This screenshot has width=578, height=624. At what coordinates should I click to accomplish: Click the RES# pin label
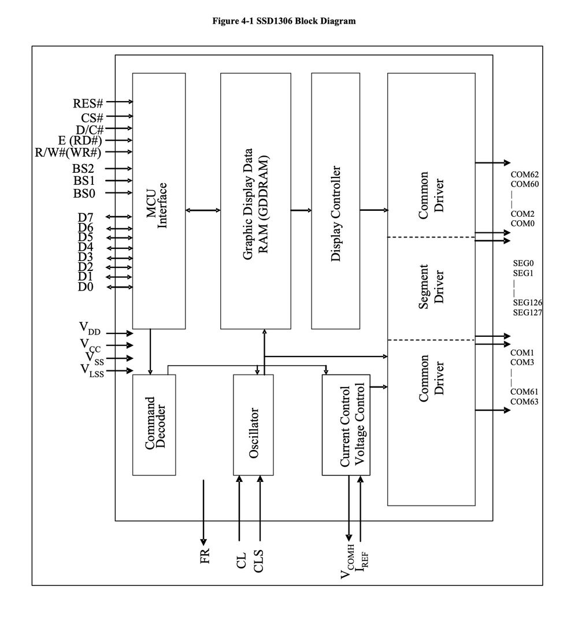[x=88, y=103]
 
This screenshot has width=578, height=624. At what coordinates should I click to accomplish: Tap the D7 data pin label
[x=86, y=217]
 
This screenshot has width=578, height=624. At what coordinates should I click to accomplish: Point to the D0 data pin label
[x=86, y=287]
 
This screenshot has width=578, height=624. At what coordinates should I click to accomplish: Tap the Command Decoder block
[x=154, y=425]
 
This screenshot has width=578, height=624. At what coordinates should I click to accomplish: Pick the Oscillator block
[x=253, y=425]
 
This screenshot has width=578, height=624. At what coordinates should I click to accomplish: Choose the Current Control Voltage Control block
[x=346, y=425]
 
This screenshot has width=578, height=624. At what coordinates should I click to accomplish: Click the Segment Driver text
[x=431, y=287]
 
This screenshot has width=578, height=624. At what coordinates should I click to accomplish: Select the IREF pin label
[x=363, y=560]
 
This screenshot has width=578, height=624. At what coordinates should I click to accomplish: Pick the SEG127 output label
[x=527, y=312]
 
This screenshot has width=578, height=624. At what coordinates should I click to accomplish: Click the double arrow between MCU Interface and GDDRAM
[x=203, y=210]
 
